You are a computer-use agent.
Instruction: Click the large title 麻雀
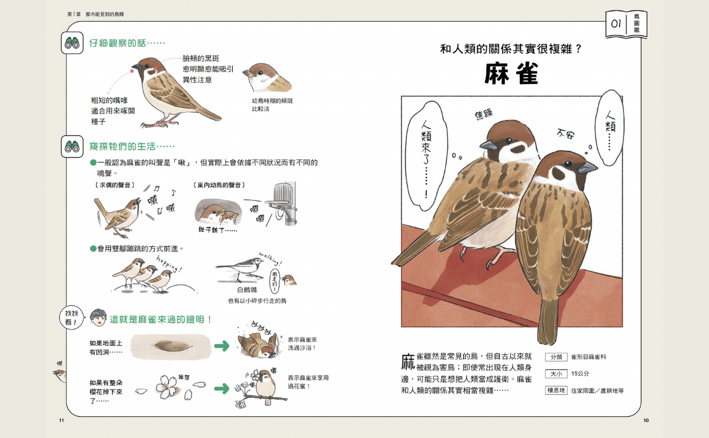511,74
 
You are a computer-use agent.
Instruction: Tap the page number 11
61,420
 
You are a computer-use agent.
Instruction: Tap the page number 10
646,420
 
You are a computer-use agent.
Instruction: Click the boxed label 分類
555,357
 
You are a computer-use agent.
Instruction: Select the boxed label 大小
555,374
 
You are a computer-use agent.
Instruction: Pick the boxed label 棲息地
555,390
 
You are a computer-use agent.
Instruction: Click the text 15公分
580,374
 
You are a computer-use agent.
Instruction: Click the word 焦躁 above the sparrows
483,114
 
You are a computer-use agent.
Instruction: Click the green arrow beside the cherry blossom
222,388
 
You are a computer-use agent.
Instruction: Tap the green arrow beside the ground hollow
222,346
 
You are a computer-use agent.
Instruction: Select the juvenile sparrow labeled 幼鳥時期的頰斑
264,77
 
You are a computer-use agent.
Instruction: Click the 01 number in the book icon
616,24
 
